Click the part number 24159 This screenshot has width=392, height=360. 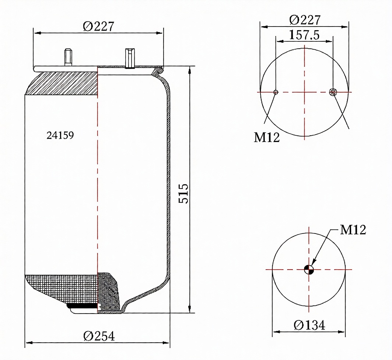click(60, 135)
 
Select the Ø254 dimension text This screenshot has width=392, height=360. click(99, 336)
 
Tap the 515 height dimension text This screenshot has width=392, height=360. click(183, 194)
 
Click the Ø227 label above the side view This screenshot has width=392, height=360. click(98, 26)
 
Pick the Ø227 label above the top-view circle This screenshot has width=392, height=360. click(305, 20)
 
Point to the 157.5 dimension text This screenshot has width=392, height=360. click(304, 35)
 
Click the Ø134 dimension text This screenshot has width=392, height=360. click(309, 325)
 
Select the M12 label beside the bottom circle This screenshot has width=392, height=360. click(353, 229)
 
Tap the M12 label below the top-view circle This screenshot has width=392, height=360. click(266, 137)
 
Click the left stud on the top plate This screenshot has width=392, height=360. click(68, 57)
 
